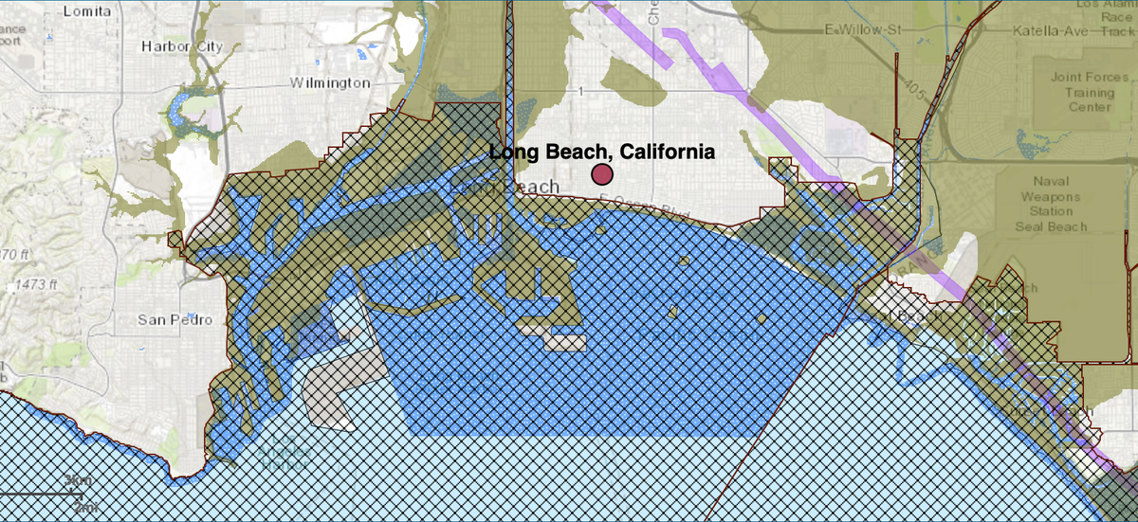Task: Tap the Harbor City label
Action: [180, 45]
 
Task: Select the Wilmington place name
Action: [330, 83]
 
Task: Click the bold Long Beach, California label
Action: [602, 152]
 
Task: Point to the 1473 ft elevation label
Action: [36, 284]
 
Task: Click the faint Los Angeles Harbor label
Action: [284, 457]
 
